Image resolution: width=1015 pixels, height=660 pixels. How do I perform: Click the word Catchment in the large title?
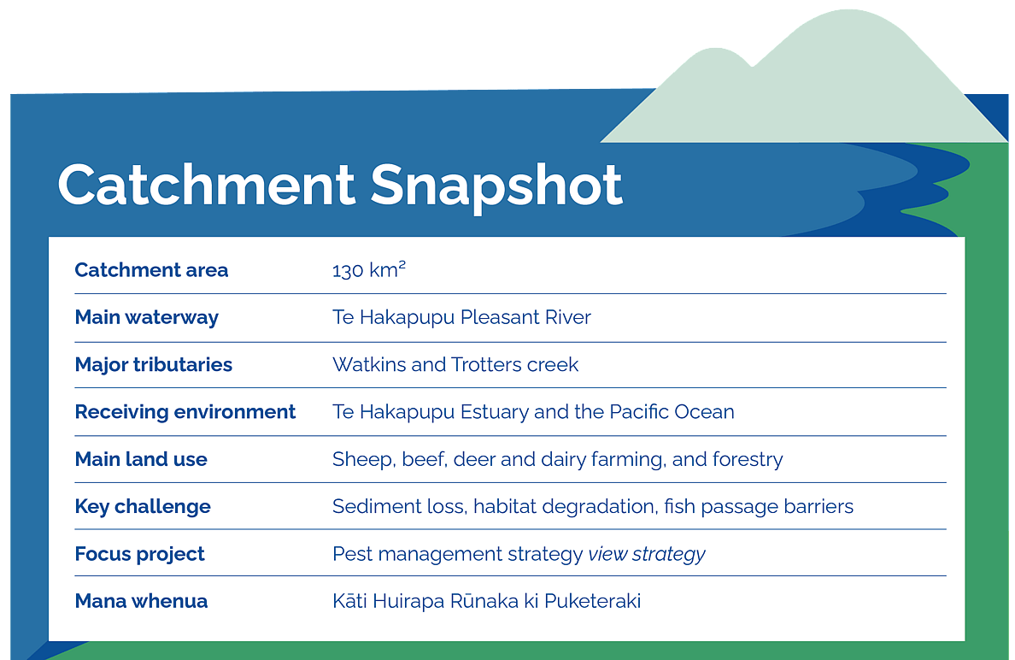point(207,185)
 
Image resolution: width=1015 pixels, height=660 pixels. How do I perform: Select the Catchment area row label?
point(151,269)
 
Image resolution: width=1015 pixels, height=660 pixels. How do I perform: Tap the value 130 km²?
point(369,269)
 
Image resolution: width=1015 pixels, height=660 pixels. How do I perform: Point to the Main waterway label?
point(147,317)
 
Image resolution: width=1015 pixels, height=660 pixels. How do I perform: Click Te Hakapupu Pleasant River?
point(461,317)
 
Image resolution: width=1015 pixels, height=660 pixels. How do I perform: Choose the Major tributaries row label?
point(154,365)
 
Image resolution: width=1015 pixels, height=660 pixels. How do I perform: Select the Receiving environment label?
point(185,412)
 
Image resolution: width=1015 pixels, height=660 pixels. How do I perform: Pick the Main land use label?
point(141,459)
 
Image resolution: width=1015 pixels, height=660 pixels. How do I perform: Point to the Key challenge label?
point(143,506)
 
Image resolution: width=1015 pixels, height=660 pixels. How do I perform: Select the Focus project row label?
point(140,554)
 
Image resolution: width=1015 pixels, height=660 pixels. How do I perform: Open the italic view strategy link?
point(647,555)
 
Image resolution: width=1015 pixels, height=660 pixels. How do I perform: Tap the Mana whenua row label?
point(141,601)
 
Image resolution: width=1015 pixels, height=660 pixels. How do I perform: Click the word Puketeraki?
point(592,601)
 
